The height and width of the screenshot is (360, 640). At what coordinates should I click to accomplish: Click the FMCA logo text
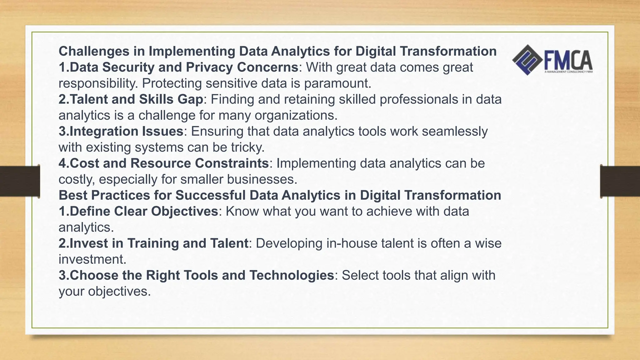pyautogui.click(x=568, y=61)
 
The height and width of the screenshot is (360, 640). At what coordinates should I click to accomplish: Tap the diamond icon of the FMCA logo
pyautogui.click(x=527, y=60)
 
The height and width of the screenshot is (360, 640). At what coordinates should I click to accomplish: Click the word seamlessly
pyautogui.click(x=455, y=132)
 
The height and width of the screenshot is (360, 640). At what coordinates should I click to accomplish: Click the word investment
pyautogui.click(x=91, y=259)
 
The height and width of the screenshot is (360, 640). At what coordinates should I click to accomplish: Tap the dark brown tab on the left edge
pyautogui.click(x=20, y=181)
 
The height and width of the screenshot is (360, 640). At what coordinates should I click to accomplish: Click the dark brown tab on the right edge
pyautogui.click(x=620, y=181)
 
